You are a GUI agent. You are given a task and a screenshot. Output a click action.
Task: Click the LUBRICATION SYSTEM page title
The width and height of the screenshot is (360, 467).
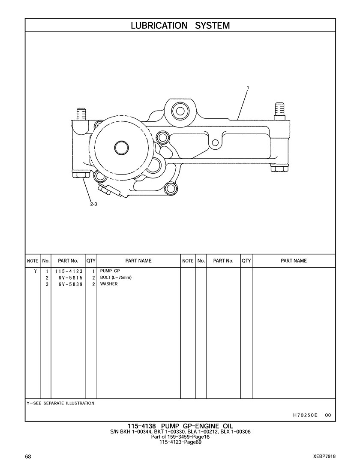tap(180, 25)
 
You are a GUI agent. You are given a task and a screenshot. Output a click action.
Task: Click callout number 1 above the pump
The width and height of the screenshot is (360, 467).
tap(248, 87)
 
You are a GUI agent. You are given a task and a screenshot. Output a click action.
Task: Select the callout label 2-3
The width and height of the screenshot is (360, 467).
tap(93, 204)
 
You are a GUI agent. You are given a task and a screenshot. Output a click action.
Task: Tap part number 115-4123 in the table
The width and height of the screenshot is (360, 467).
tap(68, 271)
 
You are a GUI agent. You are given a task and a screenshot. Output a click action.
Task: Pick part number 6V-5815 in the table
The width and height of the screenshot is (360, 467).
tap(68, 278)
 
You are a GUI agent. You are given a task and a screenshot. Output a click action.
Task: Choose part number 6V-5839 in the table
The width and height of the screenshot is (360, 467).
tap(68, 284)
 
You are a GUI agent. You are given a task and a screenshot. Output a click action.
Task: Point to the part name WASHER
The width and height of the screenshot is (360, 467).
tap(109, 284)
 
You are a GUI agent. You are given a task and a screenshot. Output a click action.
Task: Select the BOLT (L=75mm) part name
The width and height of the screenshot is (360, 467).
tap(116, 277)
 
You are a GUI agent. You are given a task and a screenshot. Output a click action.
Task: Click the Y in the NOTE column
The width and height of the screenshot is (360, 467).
tap(35, 271)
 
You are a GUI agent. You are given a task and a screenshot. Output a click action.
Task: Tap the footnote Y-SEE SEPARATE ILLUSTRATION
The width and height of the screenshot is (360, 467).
tap(60, 403)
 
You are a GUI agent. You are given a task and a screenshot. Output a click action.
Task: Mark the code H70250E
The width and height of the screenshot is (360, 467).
tap(305, 415)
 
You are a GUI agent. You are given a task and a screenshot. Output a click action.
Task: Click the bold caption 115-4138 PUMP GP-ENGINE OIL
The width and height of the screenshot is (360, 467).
tap(180, 426)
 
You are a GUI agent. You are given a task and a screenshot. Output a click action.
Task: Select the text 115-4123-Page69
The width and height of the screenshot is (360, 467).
tap(180, 442)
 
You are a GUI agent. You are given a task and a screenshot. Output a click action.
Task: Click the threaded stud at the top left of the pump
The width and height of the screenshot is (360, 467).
tap(81, 114)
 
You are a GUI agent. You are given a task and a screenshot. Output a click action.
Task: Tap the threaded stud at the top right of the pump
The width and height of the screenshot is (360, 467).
tap(279, 110)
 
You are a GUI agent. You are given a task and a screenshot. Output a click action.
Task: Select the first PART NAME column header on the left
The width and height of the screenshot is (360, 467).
tap(138, 261)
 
